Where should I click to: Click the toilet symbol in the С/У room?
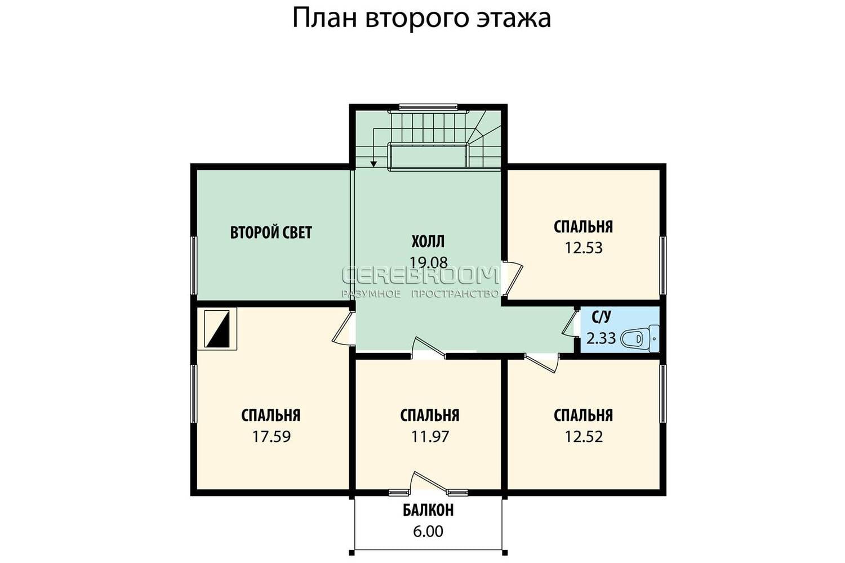pyautogui.click(x=640, y=338)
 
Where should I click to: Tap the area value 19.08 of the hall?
pyautogui.click(x=429, y=262)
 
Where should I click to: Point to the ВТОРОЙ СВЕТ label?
pyautogui.click(x=271, y=233)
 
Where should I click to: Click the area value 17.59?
pyautogui.click(x=271, y=437)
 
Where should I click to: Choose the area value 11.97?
pyautogui.click(x=430, y=437)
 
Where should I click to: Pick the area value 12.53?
pyautogui.click(x=584, y=248)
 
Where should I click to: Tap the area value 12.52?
pyautogui.click(x=584, y=437)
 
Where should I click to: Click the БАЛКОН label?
pyautogui.click(x=428, y=510)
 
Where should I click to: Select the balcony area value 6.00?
pyautogui.click(x=428, y=531)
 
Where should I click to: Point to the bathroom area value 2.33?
pyautogui.click(x=601, y=338)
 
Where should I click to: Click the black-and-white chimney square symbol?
pyautogui.click(x=217, y=328)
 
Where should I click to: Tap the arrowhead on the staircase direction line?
pyautogui.click(x=373, y=164)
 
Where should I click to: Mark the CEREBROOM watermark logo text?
pyautogui.click(x=420, y=275)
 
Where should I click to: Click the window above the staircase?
pyautogui.click(x=428, y=107)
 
